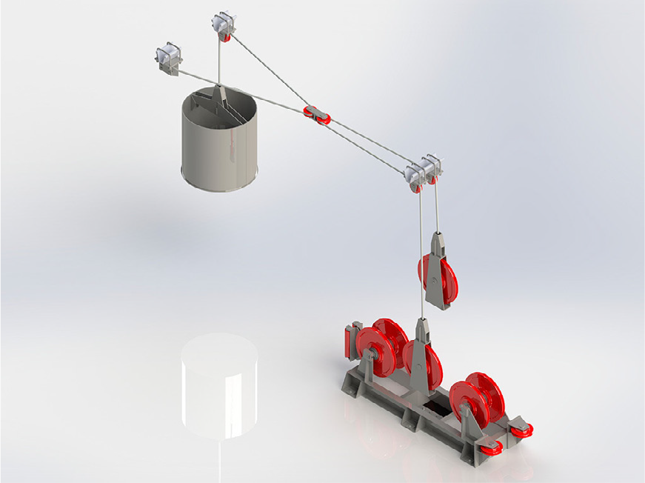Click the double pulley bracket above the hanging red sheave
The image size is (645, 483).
pyautogui.click(x=423, y=171)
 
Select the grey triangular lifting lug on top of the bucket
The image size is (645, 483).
pyautogui.click(x=220, y=96)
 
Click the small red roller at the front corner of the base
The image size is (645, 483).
pyautogui.click(x=490, y=447)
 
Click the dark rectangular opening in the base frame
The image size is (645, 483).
pyautogui.click(x=435, y=408)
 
